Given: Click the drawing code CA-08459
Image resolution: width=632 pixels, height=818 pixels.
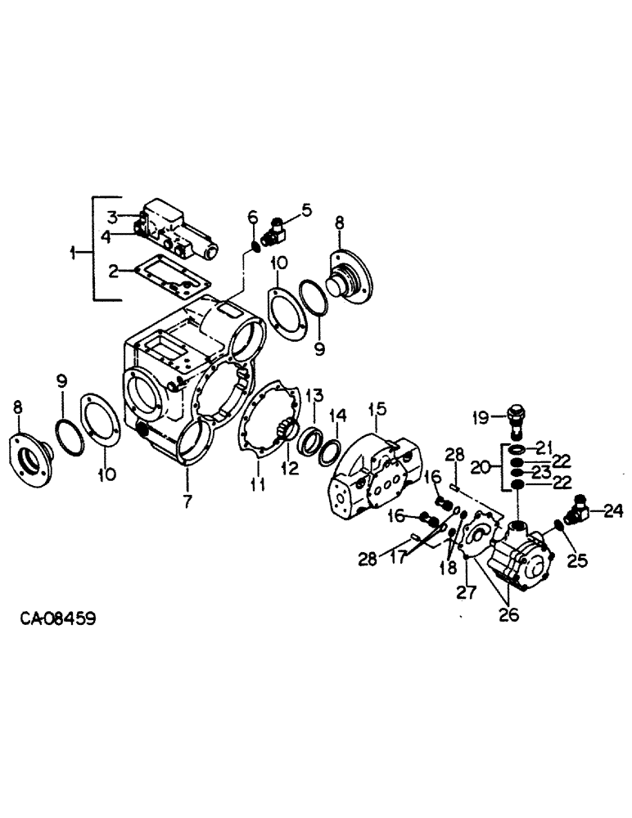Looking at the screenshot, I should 58,619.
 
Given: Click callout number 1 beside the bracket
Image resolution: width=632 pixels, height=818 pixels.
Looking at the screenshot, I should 76,254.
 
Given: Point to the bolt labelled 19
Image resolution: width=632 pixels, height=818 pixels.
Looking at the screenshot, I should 518,420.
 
